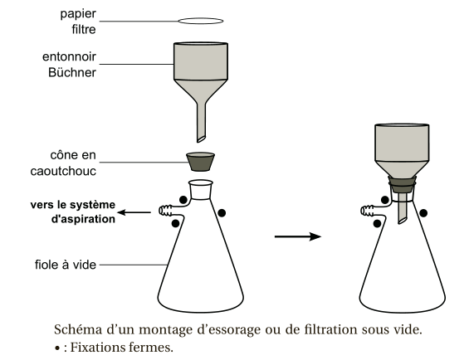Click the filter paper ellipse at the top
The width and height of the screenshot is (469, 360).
coord(201,21)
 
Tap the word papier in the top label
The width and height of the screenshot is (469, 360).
coord(78,14)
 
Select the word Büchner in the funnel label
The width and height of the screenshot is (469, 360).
coord(72,72)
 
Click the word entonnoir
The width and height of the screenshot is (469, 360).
coord(69,56)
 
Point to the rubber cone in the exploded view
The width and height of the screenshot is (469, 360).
coord(200,162)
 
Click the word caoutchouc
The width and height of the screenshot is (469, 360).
coord(63,171)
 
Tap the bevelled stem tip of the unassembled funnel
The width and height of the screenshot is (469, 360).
coord(201,139)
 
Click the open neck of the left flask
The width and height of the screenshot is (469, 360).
coord(200,182)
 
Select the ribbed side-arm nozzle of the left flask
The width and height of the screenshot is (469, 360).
coord(165,210)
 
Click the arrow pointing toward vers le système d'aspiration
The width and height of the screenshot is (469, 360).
coord(134,212)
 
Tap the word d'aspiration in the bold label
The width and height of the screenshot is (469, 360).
coord(83,219)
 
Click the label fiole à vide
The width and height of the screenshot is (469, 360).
coord(66,265)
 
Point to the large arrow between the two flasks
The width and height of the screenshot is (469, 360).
coord(298,236)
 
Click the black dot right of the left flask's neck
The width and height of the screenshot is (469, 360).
coord(222,213)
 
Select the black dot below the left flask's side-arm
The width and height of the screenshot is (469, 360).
coord(176,223)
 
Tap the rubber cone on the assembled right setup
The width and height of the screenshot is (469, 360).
coord(402,184)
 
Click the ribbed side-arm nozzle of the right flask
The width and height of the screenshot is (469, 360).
coord(367,210)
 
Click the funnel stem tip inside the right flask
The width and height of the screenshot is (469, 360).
coord(403,221)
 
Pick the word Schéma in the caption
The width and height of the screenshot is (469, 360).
coord(78,329)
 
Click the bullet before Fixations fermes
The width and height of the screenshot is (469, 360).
coord(57,348)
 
